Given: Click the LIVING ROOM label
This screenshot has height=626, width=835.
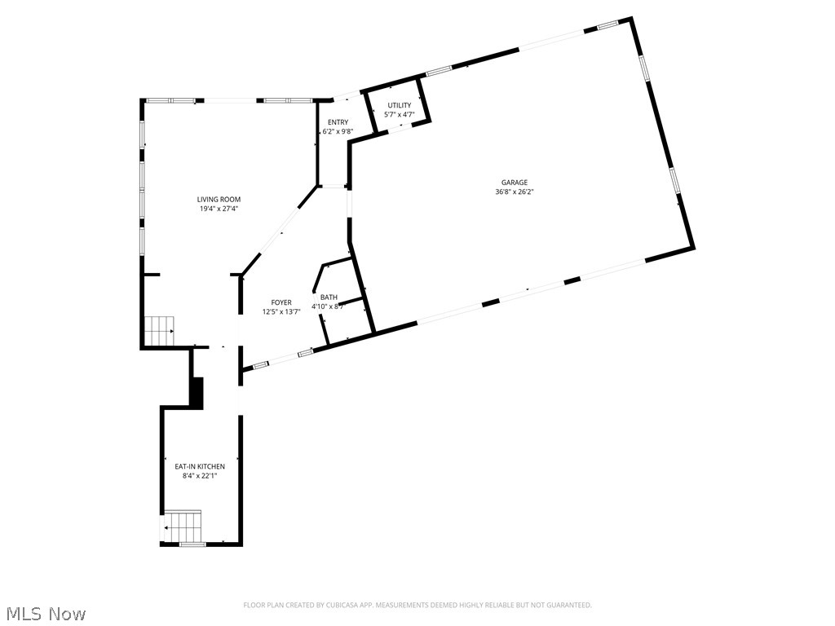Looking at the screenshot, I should [x=219, y=199].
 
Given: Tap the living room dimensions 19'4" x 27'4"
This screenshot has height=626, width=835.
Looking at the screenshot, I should [x=219, y=209].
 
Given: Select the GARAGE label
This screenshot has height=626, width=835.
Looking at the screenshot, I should [x=514, y=183].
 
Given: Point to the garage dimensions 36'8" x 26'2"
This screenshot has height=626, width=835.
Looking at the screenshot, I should [x=514, y=192].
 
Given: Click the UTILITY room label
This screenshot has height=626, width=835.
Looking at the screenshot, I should [x=399, y=105].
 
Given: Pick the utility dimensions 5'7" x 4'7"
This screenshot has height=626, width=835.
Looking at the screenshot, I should [x=399, y=115].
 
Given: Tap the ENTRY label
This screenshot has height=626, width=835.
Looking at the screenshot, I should [x=338, y=122].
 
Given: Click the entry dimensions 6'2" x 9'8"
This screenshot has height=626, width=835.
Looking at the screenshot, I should [x=338, y=131].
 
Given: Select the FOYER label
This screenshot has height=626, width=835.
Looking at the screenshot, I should [x=281, y=302].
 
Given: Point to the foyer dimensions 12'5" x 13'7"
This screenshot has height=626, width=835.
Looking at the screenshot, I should [x=281, y=311].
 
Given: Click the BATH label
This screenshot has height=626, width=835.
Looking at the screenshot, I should [x=328, y=298].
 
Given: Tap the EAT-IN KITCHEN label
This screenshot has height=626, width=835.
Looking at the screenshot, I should [x=200, y=466].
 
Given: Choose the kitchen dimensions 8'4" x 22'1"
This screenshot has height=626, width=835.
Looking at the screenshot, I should [x=200, y=475].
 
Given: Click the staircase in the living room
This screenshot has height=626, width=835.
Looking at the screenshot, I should [x=158, y=331].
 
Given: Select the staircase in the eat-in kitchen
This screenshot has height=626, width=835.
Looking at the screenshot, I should [x=182, y=527].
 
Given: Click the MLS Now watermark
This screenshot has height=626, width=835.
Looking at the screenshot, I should [x=44, y=613].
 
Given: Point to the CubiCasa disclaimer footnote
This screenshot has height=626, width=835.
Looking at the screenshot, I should [x=417, y=605].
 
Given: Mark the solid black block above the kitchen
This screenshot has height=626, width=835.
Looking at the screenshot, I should [x=196, y=392].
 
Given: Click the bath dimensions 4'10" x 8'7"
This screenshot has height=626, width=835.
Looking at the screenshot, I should [x=328, y=306].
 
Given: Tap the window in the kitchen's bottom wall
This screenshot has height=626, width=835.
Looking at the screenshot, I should [x=192, y=544].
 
